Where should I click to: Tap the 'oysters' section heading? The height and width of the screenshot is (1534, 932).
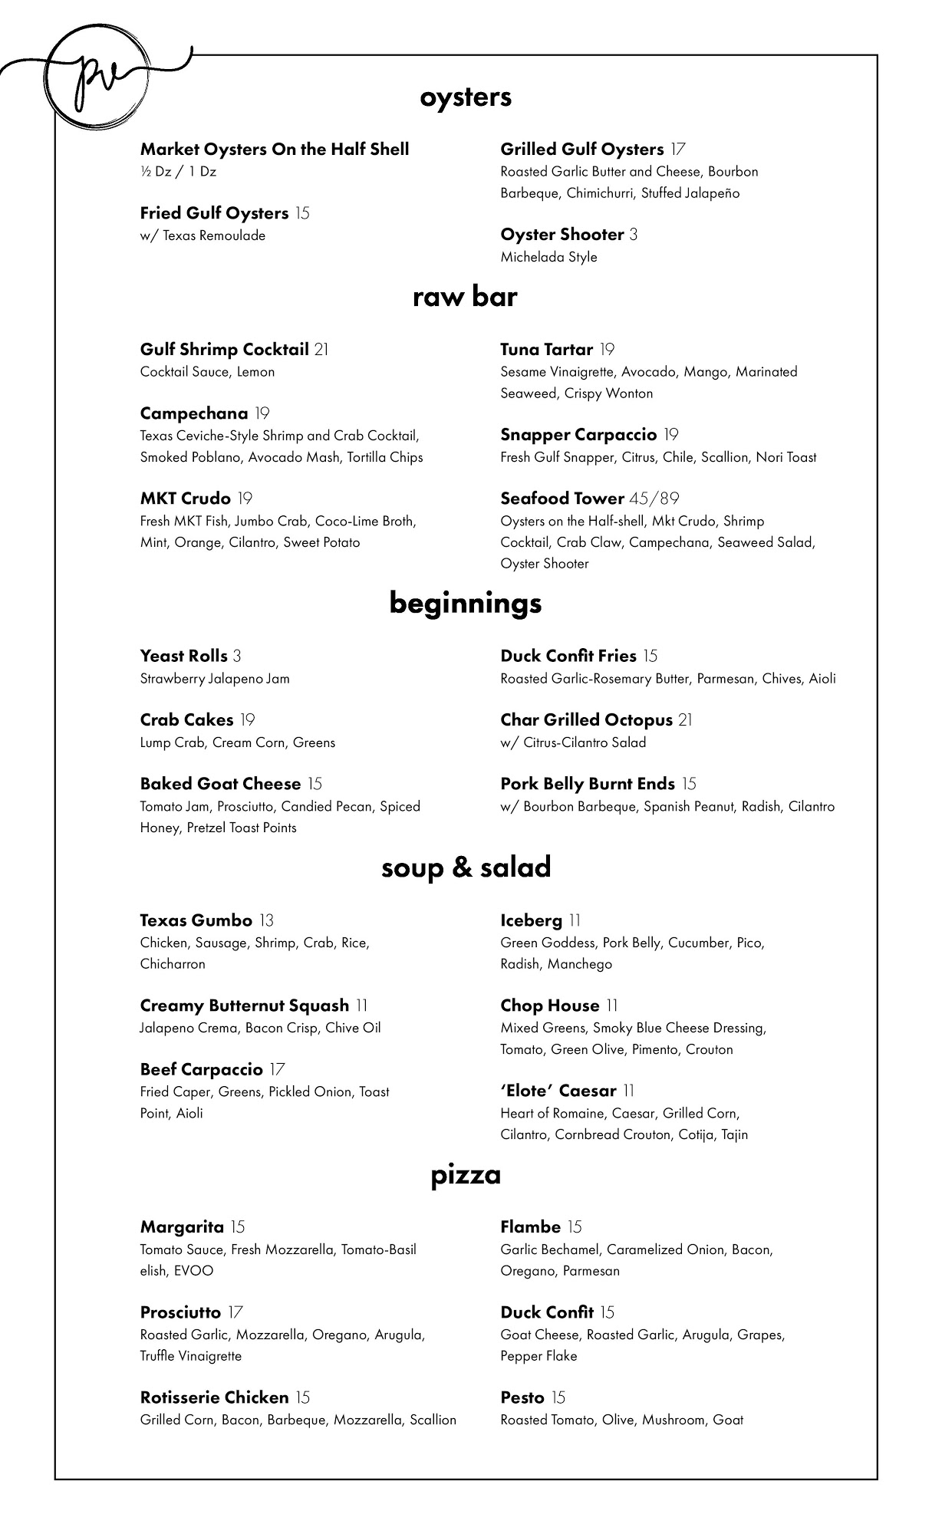(x=466, y=97)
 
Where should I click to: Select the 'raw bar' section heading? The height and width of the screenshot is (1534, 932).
(x=465, y=297)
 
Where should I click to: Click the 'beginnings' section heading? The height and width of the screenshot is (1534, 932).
(x=466, y=603)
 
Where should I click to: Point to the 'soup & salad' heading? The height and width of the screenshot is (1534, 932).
(x=466, y=867)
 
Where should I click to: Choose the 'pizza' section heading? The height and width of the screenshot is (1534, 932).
(x=466, y=1174)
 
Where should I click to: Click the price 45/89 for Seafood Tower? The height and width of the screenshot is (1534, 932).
(x=654, y=499)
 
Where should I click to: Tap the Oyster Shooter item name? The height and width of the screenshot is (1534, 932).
(x=562, y=235)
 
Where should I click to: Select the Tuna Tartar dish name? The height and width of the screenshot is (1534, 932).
(x=546, y=350)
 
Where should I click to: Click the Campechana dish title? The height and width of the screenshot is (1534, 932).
(x=194, y=414)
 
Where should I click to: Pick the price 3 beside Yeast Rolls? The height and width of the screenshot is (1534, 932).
(x=237, y=657)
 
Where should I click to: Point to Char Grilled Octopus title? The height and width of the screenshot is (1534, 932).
(x=586, y=720)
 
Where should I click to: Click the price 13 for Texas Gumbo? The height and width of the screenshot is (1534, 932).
(x=266, y=920)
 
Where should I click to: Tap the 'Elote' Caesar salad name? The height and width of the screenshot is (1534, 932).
(x=558, y=1091)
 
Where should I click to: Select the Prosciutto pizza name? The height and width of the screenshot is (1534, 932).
(x=180, y=1312)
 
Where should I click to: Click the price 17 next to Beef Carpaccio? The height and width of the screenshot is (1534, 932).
(x=278, y=1069)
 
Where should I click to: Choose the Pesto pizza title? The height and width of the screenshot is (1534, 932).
(x=522, y=1397)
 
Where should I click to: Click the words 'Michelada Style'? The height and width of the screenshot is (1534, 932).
(x=548, y=257)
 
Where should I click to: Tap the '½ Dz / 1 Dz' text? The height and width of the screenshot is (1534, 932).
(x=178, y=172)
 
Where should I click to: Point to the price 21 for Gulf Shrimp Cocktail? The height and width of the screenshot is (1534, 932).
(x=321, y=350)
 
